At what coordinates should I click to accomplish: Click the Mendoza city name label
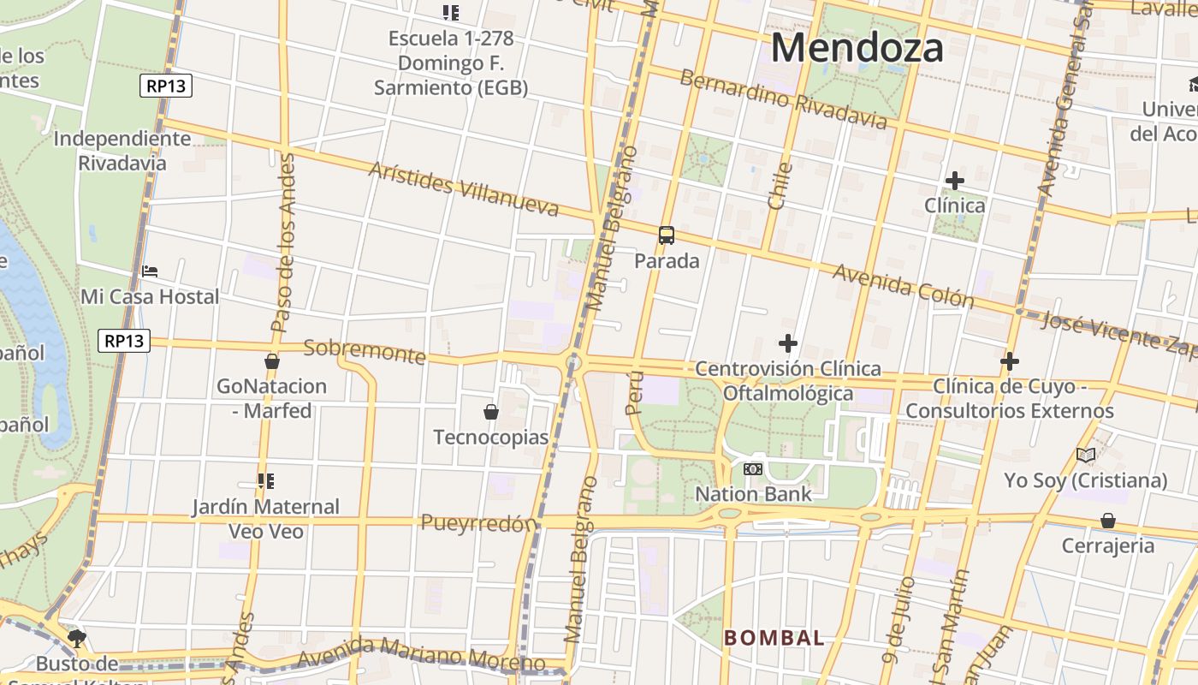857,48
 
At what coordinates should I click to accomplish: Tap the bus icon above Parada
667,235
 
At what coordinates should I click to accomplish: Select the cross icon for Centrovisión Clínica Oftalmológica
788,343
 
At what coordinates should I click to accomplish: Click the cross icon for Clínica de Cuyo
1010,360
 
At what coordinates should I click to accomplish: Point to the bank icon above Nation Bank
753,469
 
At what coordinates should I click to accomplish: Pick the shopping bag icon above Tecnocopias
491,412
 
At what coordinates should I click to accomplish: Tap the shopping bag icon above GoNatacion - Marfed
272,361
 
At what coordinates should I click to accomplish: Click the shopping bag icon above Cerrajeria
1108,521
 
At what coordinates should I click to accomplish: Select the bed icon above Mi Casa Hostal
150,271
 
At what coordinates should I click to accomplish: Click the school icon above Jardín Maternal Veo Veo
265,481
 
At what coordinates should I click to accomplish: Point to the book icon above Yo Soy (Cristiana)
1086,456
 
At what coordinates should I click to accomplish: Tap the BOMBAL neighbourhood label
774,637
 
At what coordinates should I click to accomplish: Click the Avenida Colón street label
903,285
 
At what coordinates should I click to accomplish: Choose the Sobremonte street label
365,351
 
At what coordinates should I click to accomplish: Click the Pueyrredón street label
478,523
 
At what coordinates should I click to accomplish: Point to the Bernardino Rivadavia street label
783,99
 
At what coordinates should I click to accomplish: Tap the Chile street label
780,186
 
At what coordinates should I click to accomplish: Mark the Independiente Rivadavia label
122,151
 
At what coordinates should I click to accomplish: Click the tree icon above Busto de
77,638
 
